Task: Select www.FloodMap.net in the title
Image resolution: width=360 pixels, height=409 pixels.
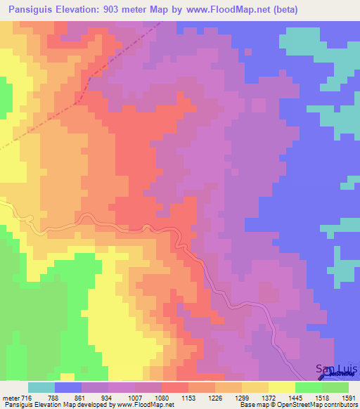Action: coord(220,10)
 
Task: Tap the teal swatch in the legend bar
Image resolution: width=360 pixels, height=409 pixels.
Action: coord(41,387)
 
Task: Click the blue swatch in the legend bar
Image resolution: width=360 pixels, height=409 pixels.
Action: coord(68,387)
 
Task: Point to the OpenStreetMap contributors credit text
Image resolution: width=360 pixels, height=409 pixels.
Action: coord(319,405)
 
